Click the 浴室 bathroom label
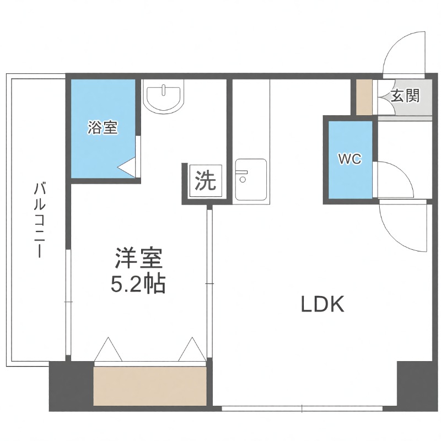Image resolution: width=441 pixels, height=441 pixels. tap(103, 128)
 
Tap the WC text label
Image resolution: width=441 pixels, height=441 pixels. tap(349, 160)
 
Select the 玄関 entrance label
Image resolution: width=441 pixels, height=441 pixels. tap(405, 96)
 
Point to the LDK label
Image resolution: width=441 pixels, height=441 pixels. tap(322, 304)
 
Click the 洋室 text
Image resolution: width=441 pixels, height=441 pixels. tap(138, 259)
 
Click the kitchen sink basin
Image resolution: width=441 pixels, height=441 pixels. tap(250, 180)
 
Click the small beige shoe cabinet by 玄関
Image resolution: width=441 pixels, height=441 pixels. tap(364, 98)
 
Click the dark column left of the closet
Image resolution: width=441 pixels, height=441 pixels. tap(71, 386)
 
